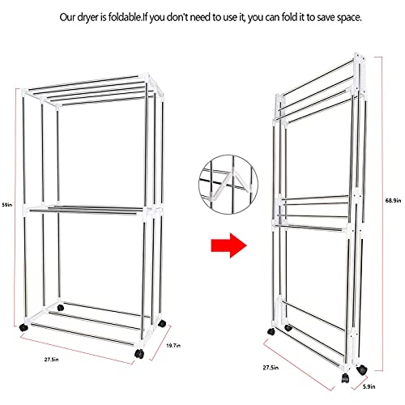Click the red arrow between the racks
point(228,245)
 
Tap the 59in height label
point(7,205)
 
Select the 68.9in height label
point(393,200)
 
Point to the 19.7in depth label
point(173,345)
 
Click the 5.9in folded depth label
point(369,387)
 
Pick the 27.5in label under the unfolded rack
point(52,360)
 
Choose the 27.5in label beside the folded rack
point(271,368)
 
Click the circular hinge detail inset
point(228,185)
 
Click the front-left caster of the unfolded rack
point(23,327)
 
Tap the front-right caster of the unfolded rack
point(139,354)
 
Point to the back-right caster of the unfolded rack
point(162,323)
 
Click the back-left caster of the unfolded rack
point(61,307)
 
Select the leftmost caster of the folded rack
point(271,331)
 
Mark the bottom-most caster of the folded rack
point(345,377)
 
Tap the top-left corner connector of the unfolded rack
point(24,92)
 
